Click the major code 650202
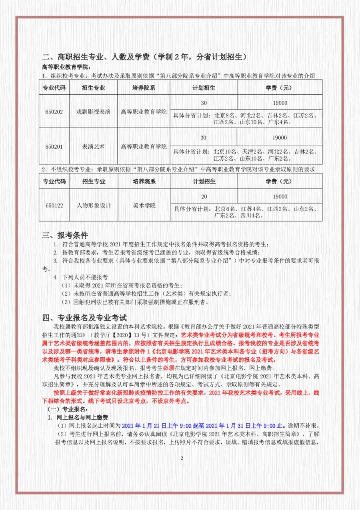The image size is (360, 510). [x=54, y=112]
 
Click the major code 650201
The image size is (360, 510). [x=54, y=147]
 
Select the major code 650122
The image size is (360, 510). [x=54, y=205]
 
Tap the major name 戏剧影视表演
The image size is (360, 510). [x=94, y=112]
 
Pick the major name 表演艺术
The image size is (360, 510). [x=94, y=147]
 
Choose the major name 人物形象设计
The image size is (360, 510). [x=94, y=205]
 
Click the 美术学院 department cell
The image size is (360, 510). [x=144, y=205]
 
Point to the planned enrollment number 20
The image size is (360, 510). [x=204, y=196]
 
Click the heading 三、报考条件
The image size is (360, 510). [x=65, y=235]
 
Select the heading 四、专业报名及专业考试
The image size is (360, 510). [x=85, y=318]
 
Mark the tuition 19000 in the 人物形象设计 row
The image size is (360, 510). [x=280, y=196]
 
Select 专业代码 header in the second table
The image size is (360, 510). [x=54, y=181]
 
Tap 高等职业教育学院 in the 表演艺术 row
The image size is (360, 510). [x=144, y=147]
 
